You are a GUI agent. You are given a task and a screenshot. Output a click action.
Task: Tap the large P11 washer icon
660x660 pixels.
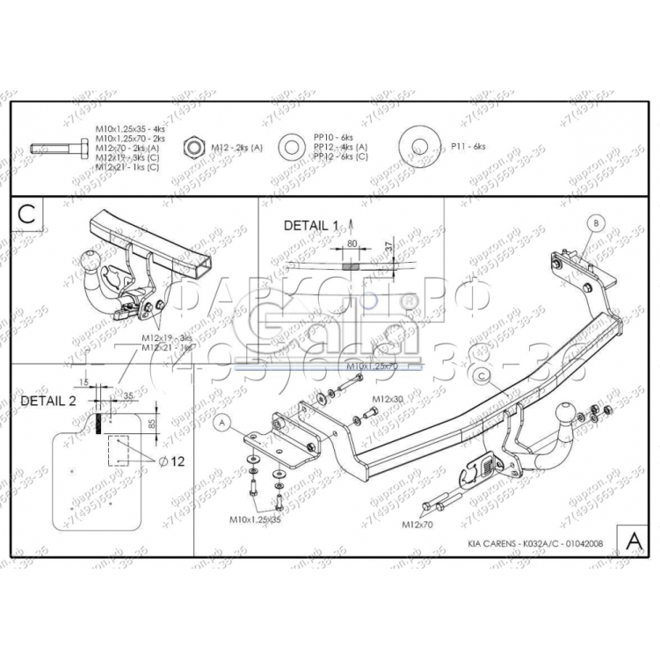(x=419, y=147)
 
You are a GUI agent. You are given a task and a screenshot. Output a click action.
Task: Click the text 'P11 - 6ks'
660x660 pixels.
(x=468, y=146)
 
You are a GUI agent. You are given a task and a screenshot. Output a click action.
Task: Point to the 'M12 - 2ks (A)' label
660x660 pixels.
(x=236, y=147)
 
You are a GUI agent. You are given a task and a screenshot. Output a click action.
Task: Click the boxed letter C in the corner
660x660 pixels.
(x=27, y=214)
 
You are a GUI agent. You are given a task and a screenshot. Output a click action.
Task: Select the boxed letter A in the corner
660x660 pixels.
(x=631, y=537)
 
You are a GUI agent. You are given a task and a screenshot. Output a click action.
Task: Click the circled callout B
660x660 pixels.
(x=595, y=225)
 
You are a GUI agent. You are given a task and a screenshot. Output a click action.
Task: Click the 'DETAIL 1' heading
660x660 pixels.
(x=310, y=226)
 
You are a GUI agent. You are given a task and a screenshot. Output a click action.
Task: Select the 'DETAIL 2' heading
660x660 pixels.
(x=48, y=400)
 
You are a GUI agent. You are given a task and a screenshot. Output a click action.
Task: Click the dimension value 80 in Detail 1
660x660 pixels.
(x=352, y=243)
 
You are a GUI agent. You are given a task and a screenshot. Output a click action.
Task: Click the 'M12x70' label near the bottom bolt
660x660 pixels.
(x=418, y=525)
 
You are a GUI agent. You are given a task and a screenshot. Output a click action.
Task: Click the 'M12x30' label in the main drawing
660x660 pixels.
(x=388, y=400)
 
